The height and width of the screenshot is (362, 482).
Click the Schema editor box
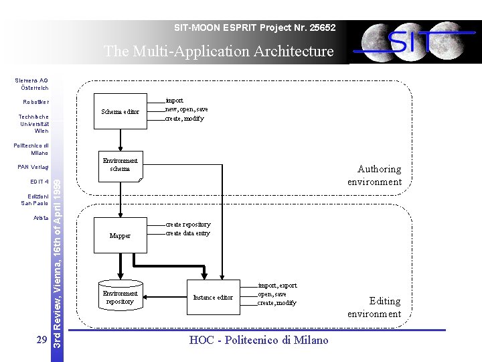point(120,111)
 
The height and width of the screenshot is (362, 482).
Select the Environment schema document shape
point(120,166)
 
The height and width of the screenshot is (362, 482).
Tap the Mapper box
point(120,236)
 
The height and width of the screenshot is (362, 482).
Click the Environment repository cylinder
point(120,297)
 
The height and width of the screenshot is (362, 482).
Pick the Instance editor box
point(213,297)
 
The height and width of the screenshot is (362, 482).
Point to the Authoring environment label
point(374,176)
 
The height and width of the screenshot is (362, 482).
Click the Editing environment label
point(374,307)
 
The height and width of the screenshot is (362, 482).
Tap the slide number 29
point(41,340)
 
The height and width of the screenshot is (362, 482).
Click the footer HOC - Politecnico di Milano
point(259,341)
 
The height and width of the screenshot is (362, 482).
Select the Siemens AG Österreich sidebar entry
point(32,84)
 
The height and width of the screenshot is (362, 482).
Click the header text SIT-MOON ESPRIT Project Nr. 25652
point(254,28)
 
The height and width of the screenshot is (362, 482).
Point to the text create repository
point(187,224)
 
